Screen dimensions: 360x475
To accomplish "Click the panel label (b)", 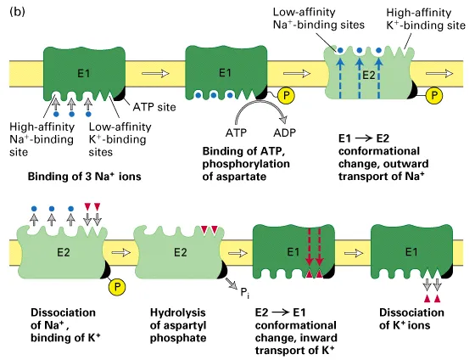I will pos(14,9).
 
